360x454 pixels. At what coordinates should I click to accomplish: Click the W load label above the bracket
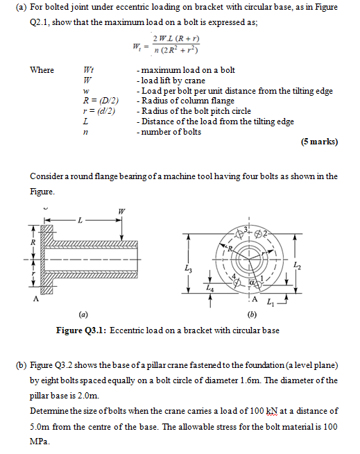coord(123,211)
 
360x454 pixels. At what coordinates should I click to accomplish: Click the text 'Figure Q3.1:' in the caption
coord(83,330)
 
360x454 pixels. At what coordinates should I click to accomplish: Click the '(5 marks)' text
coord(320,142)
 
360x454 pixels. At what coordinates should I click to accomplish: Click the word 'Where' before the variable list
coord(42,70)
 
